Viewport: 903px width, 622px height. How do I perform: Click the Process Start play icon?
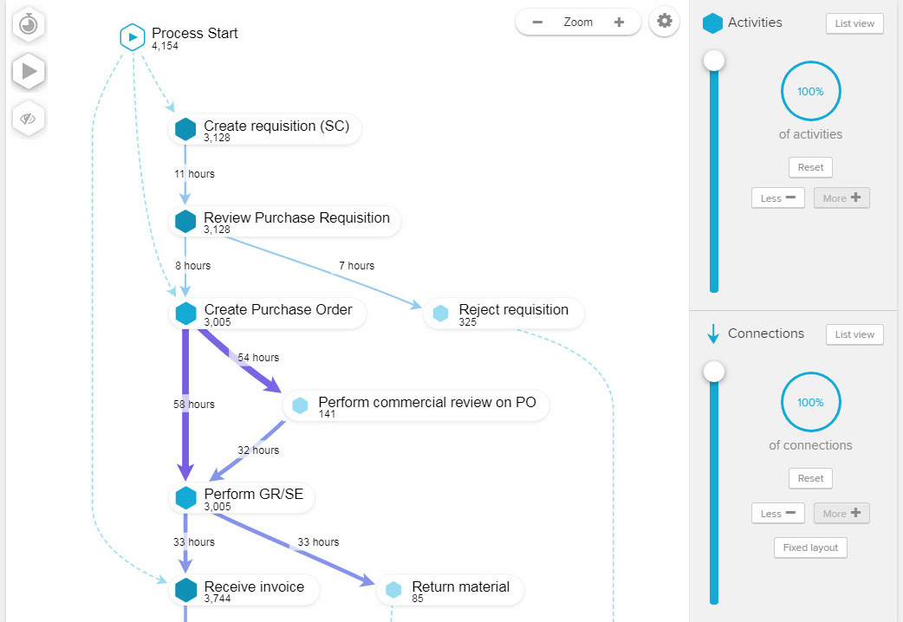132,37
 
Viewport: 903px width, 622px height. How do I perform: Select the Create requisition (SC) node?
264,129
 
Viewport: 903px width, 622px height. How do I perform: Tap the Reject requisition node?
503,313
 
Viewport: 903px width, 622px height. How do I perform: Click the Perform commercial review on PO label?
426,402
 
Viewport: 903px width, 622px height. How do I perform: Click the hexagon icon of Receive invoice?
186,590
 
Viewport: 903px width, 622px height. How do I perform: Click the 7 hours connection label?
356,266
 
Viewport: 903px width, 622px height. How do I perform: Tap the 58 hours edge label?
194,405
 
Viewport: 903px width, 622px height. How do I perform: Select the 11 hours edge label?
194,174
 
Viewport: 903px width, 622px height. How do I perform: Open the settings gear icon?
665,22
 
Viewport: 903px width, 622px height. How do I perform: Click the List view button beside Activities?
854,23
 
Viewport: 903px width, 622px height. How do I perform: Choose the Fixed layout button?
810,547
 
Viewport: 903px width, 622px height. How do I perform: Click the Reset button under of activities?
810,166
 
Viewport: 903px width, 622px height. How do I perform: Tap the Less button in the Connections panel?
777,514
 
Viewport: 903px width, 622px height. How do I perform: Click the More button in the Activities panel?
841,198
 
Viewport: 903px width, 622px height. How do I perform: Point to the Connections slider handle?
714,372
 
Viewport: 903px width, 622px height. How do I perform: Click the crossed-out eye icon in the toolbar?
29,119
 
